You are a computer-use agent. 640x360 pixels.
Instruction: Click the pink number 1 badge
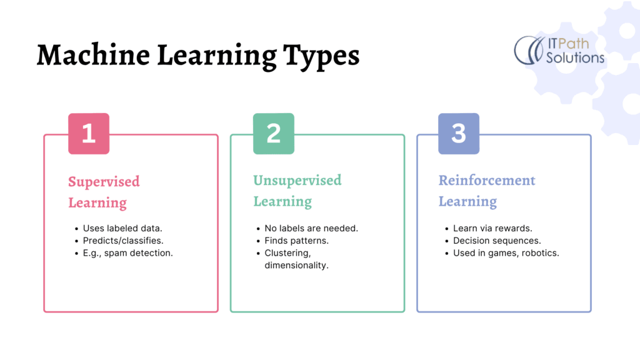[89, 134]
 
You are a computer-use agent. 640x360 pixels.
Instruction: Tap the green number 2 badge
[274, 134]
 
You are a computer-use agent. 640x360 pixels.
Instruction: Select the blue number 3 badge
[459, 134]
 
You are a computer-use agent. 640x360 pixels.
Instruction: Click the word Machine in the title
[94, 55]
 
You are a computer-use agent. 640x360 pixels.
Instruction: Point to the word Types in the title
[321, 57]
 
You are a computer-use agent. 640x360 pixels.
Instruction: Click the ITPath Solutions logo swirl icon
[529, 50]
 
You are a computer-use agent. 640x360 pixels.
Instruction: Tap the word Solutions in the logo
[575, 57]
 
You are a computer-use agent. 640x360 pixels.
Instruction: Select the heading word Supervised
[104, 182]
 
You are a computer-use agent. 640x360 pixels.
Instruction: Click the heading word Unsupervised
[297, 181]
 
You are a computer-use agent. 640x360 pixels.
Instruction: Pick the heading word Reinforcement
[486, 181]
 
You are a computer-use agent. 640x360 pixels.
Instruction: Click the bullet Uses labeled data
[122, 228]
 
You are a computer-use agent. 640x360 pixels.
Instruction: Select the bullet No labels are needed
[311, 228]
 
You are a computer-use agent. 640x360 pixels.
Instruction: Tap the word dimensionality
[296, 265]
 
